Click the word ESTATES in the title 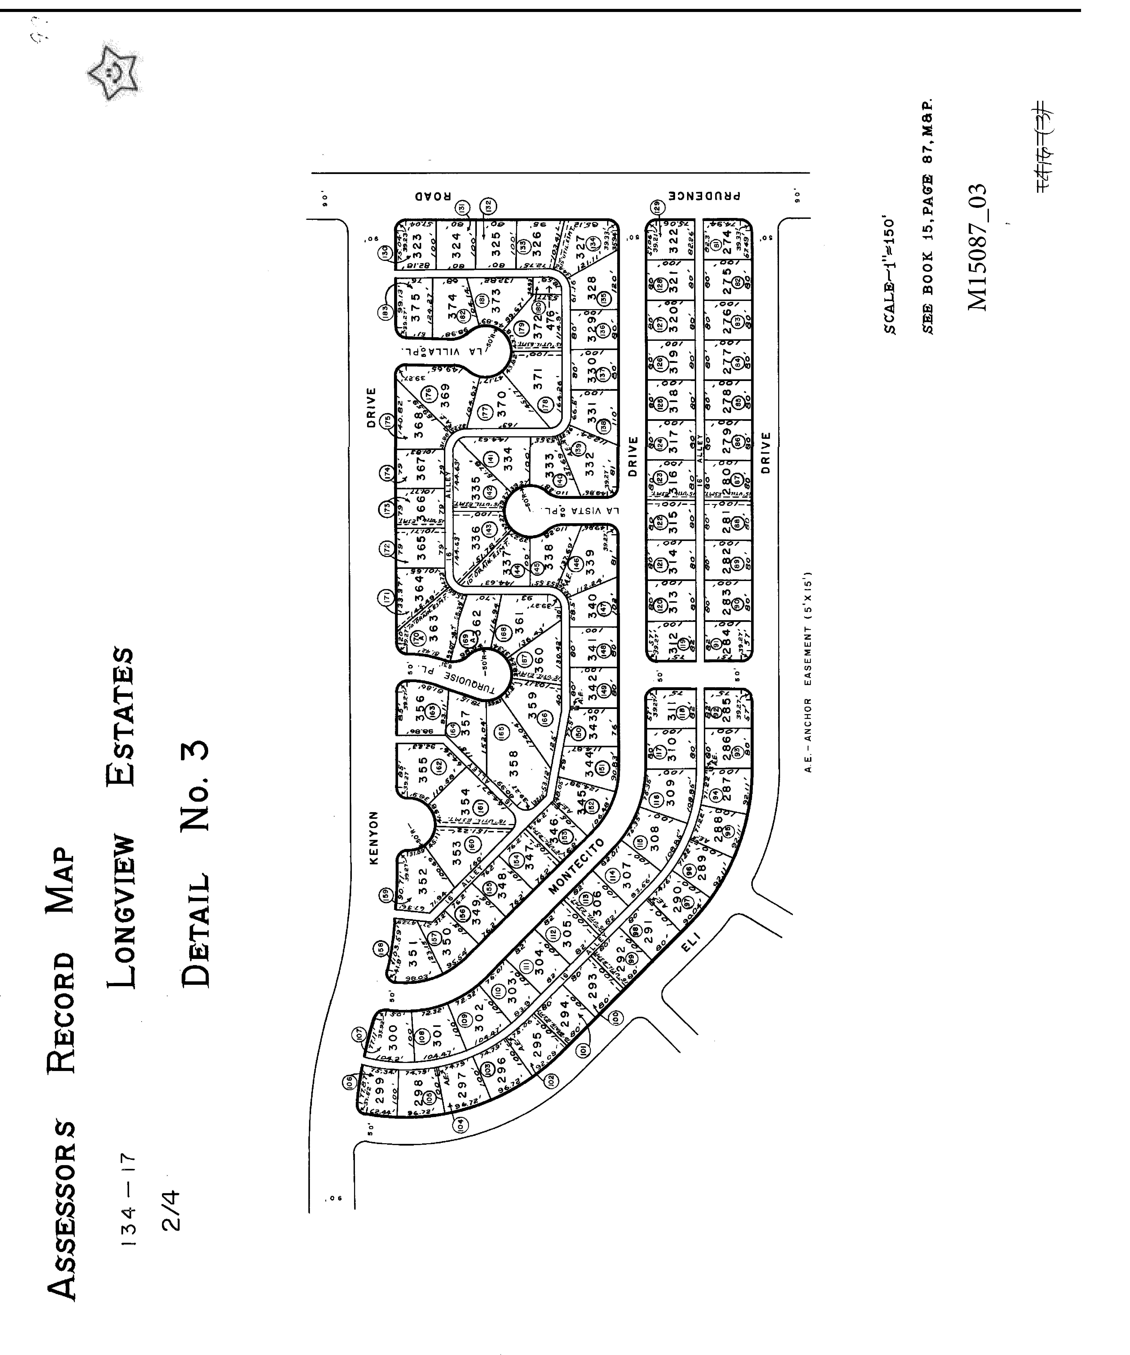click(x=121, y=716)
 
